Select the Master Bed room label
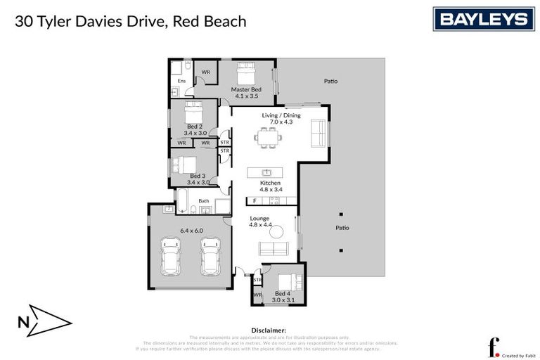point(246,89)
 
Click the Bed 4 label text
point(282,293)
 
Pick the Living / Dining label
point(281,115)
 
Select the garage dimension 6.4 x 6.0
point(191,230)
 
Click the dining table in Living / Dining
point(269,136)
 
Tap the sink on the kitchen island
point(266,172)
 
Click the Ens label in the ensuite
point(181,81)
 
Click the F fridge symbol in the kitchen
point(255,201)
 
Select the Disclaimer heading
point(269,330)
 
